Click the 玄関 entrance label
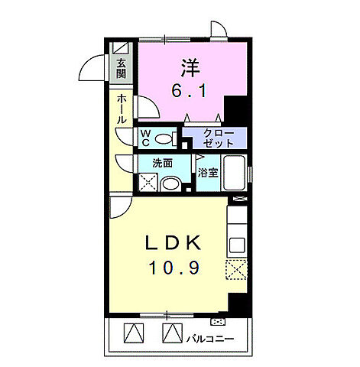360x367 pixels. click(x=121, y=69)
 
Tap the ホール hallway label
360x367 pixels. click(x=122, y=109)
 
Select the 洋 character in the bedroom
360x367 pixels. click(x=190, y=68)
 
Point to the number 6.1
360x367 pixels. click(x=189, y=91)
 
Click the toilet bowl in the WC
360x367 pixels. click(x=164, y=139)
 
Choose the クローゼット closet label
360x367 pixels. click(x=219, y=138)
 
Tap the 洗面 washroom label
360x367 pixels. click(x=163, y=163)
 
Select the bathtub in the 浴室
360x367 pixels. click(x=234, y=173)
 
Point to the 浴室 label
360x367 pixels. click(x=208, y=173)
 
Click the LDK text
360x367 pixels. click(x=174, y=243)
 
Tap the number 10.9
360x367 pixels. click(x=174, y=268)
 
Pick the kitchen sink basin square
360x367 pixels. click(x=237, y=245)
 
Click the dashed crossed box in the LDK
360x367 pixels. click(x=236, y=269)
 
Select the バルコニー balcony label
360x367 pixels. click(x=210, y=339)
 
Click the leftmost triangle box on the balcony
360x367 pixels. click(x=134, y=333)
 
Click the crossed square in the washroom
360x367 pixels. click(x=148, y=182)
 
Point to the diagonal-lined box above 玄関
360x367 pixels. click(x=121, y=47)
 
